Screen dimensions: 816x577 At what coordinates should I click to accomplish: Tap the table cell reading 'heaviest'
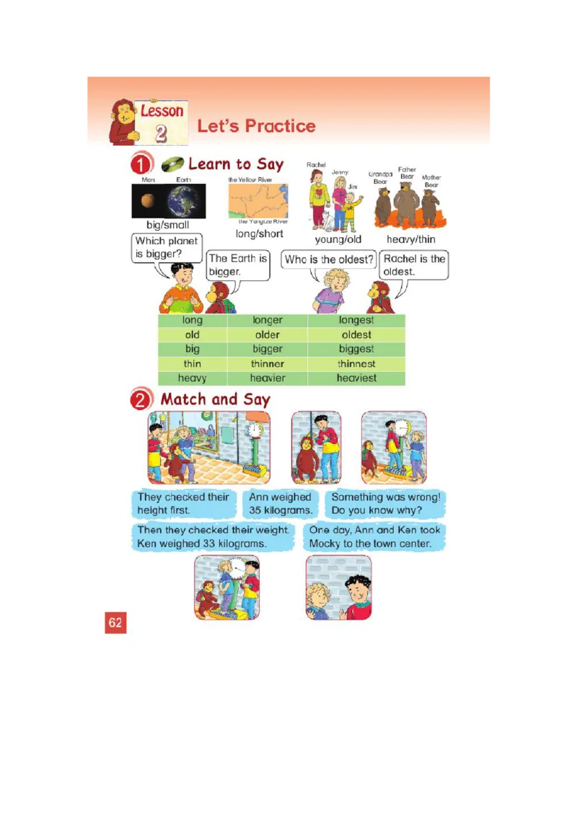(356, 378)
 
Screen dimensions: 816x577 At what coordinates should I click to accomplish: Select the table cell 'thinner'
(268, 363)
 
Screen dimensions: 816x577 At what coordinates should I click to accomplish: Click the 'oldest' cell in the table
(356, 334)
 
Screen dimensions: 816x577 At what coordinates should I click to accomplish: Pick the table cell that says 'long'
(193, 320)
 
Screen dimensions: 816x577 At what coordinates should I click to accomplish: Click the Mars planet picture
(147, 201)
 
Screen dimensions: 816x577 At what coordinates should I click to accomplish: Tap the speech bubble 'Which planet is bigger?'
(167, 247)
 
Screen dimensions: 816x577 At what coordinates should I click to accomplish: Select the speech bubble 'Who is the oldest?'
(329, 260)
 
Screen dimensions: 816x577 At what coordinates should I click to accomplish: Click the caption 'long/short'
(260, 234)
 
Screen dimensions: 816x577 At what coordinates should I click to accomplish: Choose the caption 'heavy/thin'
(411, 239)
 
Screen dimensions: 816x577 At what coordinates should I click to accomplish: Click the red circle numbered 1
(141, 165)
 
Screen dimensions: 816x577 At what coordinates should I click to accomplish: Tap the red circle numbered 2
(141, 400)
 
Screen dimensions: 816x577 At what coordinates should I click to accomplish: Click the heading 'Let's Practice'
(256, 126)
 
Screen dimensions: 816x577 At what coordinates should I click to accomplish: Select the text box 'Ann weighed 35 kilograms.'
(281, 503)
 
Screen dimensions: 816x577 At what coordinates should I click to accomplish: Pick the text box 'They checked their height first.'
(184, 503)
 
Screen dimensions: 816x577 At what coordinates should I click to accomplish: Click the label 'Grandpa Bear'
(380, 177)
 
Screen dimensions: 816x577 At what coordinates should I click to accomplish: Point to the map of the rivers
(258, 200)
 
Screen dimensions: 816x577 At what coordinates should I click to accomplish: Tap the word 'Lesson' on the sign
(162, 111)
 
